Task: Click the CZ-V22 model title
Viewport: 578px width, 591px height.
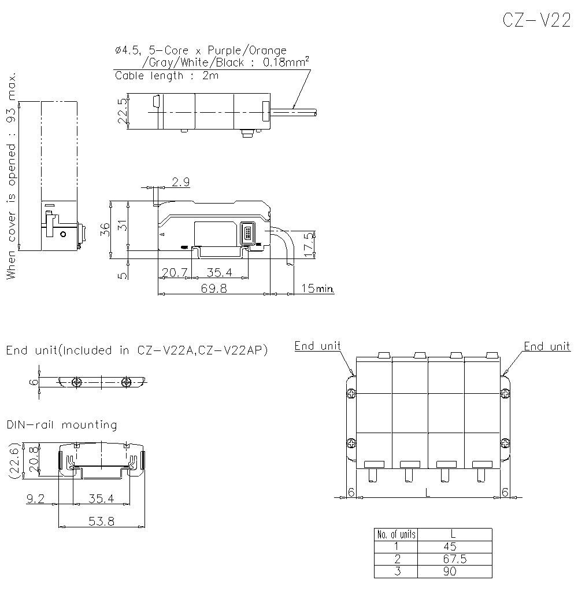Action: click(x=536, y=20)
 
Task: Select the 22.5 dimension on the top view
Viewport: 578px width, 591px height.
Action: click(x=121, y=112)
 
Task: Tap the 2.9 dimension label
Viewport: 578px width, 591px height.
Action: click(x=181, y=182)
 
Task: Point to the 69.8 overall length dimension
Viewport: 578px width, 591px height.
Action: click(x=214, y=289)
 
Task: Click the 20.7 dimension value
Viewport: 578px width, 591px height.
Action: click(x=174, y=272)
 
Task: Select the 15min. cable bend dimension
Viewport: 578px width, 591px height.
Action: click(x=317, y=288)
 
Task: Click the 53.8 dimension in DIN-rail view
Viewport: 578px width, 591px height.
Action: click(x=102, y=521)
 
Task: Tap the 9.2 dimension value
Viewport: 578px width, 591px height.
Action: click(x=36, y=497)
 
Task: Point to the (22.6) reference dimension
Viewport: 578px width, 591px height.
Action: click(x=16, y=460)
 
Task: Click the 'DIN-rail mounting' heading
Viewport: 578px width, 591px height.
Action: click(x=62, y=425)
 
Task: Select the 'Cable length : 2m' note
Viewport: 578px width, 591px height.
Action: click(x=167, y=75)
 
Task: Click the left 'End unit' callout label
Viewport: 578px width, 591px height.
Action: click(x=317, y=346)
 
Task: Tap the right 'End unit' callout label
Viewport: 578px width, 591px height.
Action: click(x=547, y=346)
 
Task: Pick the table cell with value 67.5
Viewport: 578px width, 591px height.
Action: click(x=454, y=559)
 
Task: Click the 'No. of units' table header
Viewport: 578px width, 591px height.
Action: click(x=395, y=534)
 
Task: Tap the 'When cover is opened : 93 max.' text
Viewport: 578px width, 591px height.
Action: click(x=12, y=177)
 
